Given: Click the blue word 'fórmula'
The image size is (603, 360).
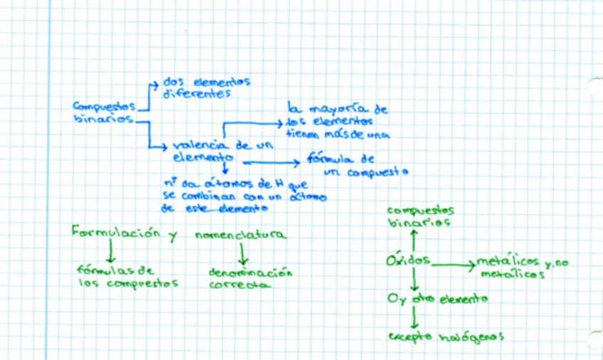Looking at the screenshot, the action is tap(329, 159).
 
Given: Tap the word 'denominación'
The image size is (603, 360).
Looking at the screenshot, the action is tap(251, 272).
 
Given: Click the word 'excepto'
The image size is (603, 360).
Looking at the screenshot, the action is tap(410, 337).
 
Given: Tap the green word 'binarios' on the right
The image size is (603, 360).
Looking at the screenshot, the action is tap(420, 222).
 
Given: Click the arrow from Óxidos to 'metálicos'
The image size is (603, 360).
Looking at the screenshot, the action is tap(453, 265).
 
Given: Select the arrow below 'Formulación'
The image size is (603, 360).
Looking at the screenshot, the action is tap(110, 252).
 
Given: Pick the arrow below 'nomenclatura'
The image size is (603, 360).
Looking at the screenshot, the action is tap(242, 253).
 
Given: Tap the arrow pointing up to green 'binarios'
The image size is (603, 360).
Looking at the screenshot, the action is tap(413, 239).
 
